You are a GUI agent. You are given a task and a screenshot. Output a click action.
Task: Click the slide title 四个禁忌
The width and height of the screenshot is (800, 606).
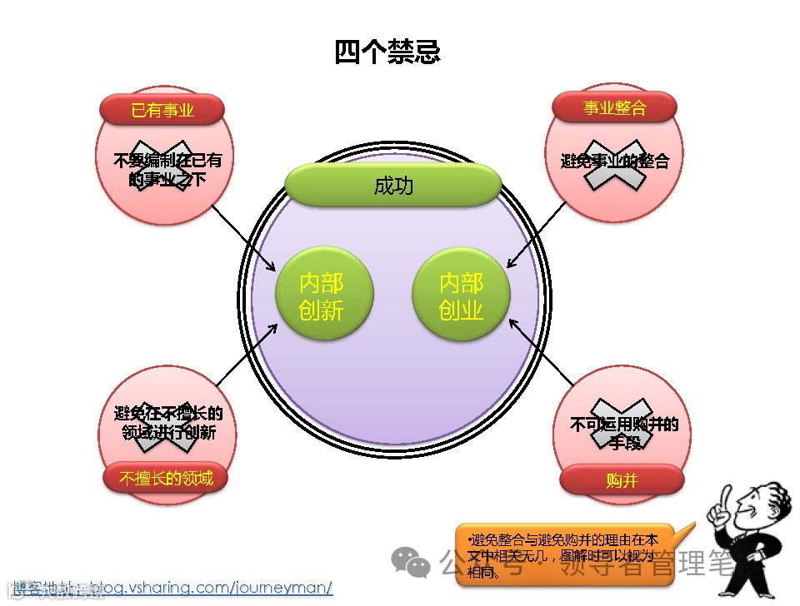387,52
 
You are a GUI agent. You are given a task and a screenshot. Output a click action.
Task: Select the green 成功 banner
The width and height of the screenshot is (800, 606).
393,186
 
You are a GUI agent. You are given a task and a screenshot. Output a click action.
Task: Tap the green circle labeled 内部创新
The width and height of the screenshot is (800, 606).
323,296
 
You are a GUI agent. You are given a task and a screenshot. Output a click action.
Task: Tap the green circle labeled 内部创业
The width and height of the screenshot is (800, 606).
461,296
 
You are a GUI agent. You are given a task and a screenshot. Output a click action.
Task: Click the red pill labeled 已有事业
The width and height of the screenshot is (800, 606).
162,109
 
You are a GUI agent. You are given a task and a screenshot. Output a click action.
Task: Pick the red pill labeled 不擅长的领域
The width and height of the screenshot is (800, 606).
166,478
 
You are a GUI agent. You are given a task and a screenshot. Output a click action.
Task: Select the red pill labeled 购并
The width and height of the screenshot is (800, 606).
622,479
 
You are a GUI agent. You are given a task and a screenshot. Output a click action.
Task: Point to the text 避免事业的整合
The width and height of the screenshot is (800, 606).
615,161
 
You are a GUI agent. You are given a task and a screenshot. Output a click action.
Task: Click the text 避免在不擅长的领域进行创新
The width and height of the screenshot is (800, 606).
168,423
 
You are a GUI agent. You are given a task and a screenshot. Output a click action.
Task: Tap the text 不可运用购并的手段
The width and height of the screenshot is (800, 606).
624,433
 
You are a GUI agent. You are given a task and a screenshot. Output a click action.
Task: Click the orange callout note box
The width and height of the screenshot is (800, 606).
567,550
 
